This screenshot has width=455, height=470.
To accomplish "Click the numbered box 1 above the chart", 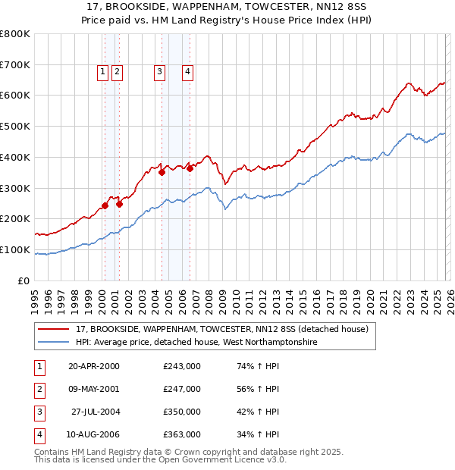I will [x=102, y=72].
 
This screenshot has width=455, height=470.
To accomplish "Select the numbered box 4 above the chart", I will [x=187, y=72].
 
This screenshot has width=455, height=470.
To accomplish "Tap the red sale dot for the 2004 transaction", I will [x=162, y=172].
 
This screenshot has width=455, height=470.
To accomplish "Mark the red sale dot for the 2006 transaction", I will [x=190, y=168].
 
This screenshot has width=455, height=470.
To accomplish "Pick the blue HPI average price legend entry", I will [x=196, y=343].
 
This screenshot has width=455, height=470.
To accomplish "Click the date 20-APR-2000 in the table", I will [x=93, y=366].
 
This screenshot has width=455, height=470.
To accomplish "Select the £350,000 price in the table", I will [x=182, y=412].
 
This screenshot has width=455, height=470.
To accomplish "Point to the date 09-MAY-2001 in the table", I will [x=93, y=389].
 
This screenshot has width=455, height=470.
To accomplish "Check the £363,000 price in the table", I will [x=182, y=434].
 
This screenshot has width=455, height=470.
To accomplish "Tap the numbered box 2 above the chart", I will [x=118, y=72].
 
